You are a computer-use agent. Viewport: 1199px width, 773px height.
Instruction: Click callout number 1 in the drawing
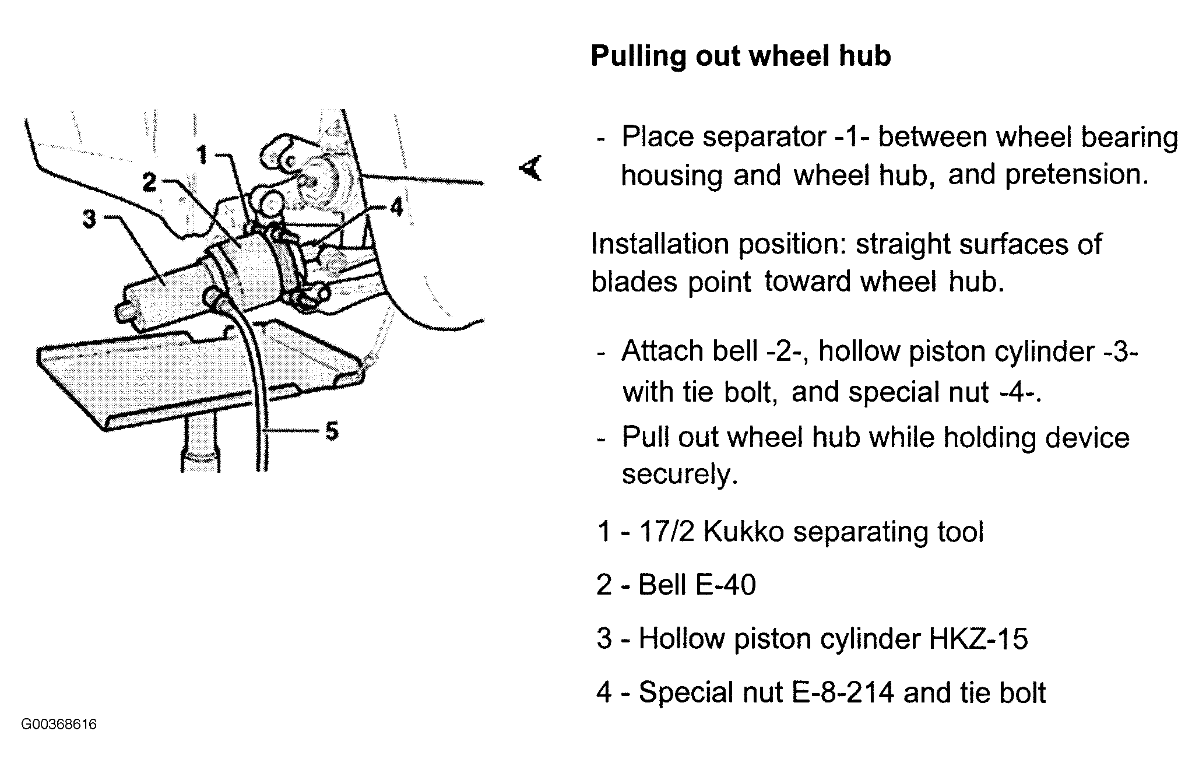(202, 155)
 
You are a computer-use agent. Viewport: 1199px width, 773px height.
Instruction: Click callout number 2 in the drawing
(150, 182)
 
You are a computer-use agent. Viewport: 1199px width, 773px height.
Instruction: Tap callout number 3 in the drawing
(89, 219)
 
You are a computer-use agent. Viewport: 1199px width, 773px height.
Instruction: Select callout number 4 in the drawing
(396, 206)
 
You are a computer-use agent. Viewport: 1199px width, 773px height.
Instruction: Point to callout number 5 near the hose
(332, 431)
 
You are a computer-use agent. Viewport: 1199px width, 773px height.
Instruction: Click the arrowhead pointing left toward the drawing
(530, 168)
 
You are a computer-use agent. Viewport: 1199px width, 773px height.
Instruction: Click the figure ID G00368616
(59, 725)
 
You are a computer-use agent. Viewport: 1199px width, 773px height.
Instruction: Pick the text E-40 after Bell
(727, 585)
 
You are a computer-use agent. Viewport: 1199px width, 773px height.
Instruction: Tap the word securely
(680, 475)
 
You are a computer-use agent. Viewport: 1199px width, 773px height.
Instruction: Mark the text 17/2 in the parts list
(667, 532)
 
